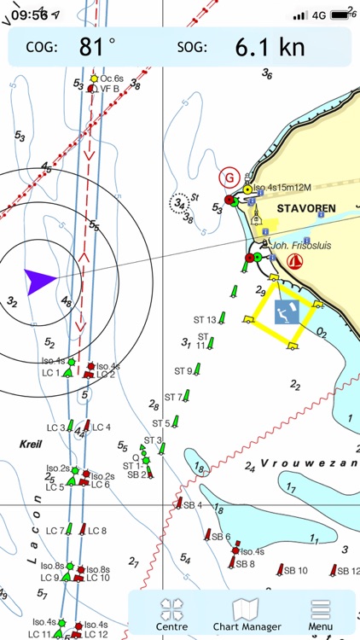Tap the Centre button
171,614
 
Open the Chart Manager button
247,614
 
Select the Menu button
321,614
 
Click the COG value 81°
97,47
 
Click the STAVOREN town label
305,207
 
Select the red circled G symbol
228,177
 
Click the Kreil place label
30,445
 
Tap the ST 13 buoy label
206,319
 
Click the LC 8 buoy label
98,531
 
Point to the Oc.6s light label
112,79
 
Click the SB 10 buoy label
296,570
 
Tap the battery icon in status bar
343,15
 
